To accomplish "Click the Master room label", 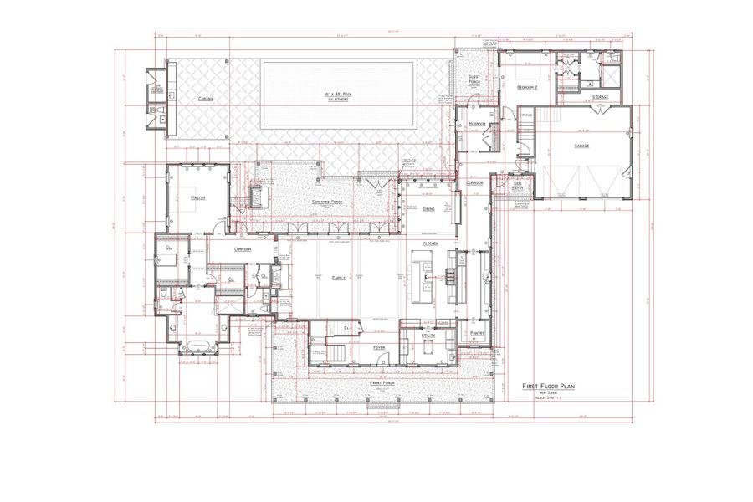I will pyautogui.click(x=198, y=198).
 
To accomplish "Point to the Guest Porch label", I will pyautogui.click(x=474, y=80).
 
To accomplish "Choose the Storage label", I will pyautogui.click(x=600, y=98).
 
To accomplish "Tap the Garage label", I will pyautogui.click(x=581, y=146).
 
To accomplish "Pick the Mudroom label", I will pyautogui.click(x=478, y=124).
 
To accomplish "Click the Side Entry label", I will pyautogui.click(x=518, y=186).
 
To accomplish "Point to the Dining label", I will pyautogui.click(x=428, y=209).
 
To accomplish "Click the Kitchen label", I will pyautogui.click(x=432, y=243).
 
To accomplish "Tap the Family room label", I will pyautogui.click(x=339, y=277).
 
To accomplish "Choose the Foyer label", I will pyautogui.click(x=379, y=346).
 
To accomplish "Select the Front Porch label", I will pyautogui.click(x=382, y=382).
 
